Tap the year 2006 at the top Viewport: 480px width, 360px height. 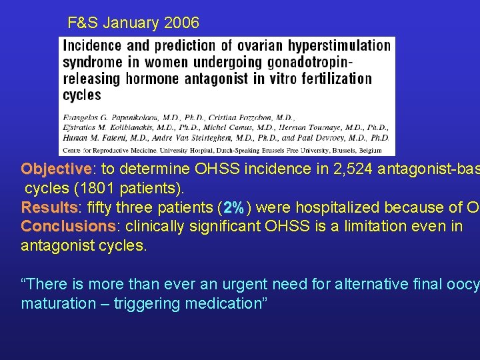tap(182, 23)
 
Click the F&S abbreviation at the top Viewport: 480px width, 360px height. tap(83, 23)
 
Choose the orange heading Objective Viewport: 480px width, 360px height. tap(56, 169)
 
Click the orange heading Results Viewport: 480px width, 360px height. tap(49, 207)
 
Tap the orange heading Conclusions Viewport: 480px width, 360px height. tap(69, 226)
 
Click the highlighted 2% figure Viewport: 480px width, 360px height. tap(234, 207)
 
